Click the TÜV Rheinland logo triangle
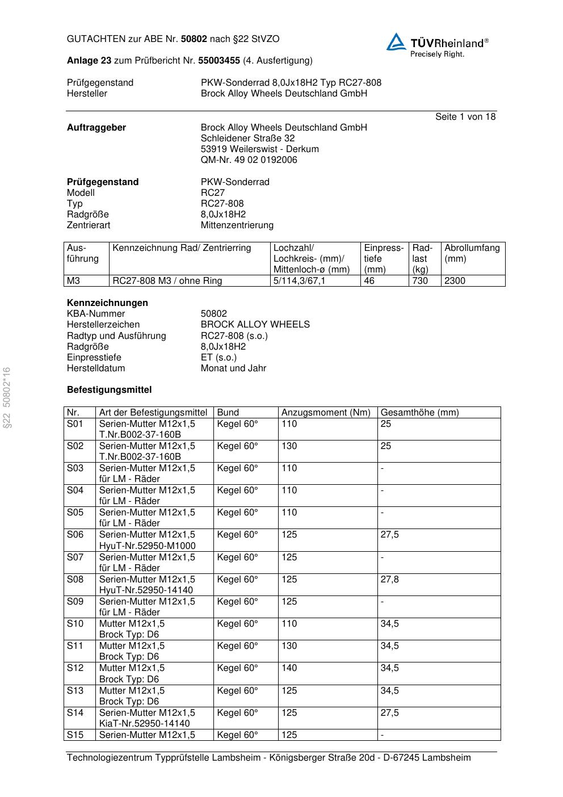(x=396, y=42)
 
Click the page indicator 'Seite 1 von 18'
(x=465, y=117)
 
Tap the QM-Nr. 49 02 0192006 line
(x=249, y=160)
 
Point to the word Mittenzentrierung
(x=237, y=225)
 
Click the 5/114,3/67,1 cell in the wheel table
(x=299, y=281)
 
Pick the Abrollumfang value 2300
(x=455, y=281)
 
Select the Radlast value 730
(x=420, y=281)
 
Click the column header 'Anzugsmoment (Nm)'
(x=326, y=413)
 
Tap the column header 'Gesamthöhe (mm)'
(x=419, y=413)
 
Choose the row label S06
(x=75, y=535)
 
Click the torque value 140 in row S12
(x=289, y=668)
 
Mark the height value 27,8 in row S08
(x=389, y=580)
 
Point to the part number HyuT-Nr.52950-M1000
(x=147, y=546)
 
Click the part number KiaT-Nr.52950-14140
(x=145, y=724)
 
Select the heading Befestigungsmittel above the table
(x=110, y=390)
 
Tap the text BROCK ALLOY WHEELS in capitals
(x=255, y=325)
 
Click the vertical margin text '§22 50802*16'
(x=7, y=398)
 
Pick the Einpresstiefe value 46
(x=369, y=281)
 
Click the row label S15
(x=75, y=735)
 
